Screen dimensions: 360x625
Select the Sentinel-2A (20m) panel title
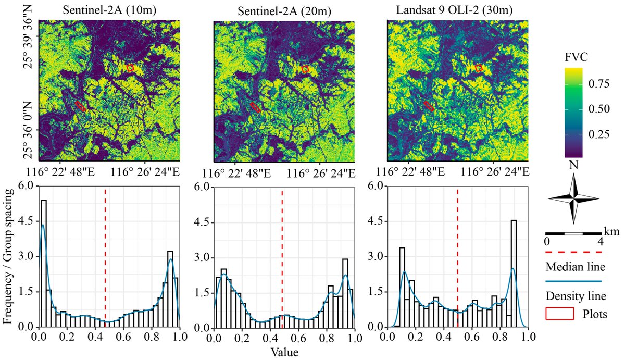(x=284, y=9)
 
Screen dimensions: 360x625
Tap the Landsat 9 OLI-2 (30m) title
(x=458, y=9)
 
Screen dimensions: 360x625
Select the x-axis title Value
(x=284, y=352)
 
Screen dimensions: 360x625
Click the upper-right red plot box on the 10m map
(x=130, y=68)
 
